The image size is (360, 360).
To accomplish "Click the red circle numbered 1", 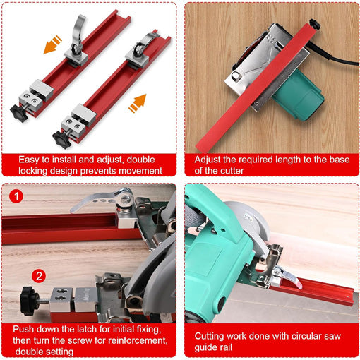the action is coord(16,196).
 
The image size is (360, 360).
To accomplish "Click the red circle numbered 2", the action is coord(39,276).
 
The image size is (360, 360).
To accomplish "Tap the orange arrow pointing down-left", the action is coord(52,44).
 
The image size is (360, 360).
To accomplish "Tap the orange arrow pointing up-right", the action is coord(138,103).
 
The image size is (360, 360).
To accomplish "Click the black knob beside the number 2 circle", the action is coord(28,301).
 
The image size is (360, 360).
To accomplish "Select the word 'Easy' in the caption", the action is coord(29,160).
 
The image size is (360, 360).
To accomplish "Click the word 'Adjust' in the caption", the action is coord(208,160).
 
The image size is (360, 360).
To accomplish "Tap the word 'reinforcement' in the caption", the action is coord(137,340).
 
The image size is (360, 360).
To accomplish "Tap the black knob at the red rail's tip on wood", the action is coord(315,25).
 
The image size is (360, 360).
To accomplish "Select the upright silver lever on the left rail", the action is coord(78,32).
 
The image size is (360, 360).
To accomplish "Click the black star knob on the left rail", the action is coord(19,114).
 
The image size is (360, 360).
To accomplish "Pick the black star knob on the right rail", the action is coord(61,140).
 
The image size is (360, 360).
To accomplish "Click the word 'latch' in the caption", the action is coord(87,329).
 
